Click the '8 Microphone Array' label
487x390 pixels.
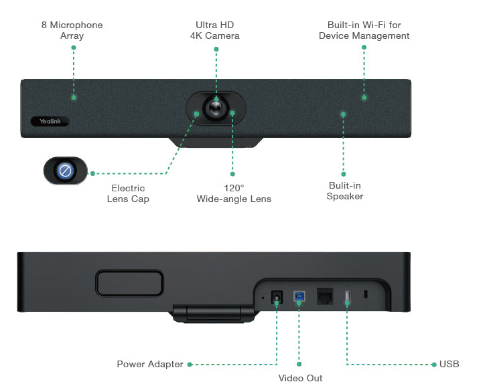pos(72,30)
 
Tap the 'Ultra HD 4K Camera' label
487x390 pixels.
pos(214,30)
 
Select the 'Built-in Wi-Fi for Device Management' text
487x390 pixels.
pos(364,30)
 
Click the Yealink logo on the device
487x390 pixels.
pos(50,121)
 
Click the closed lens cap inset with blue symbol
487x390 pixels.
pos(65,171)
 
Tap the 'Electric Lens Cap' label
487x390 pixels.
pos(128,193)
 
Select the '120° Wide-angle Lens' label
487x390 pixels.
pos(234,193)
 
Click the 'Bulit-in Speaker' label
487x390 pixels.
pos(344,191)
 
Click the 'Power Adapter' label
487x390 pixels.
pos(149,365)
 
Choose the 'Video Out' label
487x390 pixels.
pos(300,378)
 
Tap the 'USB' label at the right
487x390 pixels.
pos(449,365)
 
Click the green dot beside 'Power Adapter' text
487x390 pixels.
pos(190,365)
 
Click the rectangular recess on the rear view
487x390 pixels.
pos(129,282)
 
